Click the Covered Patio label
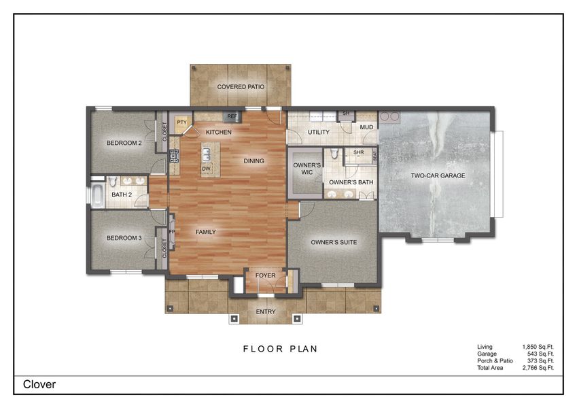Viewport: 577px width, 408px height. [x=241, y=87]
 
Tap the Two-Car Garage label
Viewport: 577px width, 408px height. [x=438, y=175]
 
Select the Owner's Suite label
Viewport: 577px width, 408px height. [x=334, y=242]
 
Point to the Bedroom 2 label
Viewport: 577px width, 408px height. [x=124, y=143]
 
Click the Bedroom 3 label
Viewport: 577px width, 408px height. [x=124, y=238]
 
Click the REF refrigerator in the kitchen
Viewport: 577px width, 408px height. [x=231, y=117]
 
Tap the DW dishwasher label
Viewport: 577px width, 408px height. [x=205, y=169]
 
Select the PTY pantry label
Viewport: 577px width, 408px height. [x=181, y=122]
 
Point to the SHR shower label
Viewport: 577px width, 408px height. [x=359, y=153]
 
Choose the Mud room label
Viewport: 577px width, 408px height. [x=366, y=127]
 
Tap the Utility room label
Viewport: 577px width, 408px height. [x=319, y=132]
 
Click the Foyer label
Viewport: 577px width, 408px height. [x=265, y=275]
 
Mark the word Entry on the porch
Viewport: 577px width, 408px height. [x=266, y=311]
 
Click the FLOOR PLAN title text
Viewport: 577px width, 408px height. [x=280, y=349]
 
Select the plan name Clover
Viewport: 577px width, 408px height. [x=39, y=384]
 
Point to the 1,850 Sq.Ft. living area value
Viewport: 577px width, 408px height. [x=538, y=347]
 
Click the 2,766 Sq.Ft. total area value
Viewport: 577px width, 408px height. [x=538, y=367]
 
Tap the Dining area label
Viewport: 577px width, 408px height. [x=253, y=161]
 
